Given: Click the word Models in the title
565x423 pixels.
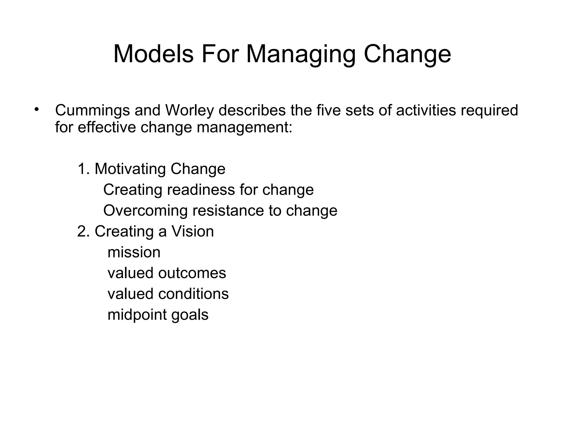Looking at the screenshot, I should (x=153, y=54).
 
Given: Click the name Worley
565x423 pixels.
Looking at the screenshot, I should (x=190, y=111).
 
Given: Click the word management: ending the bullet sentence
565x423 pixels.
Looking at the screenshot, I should (x=244, y=128).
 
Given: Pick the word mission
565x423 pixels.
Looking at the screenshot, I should (x=134, y=252).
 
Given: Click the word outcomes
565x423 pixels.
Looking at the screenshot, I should (x=192, y=273).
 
